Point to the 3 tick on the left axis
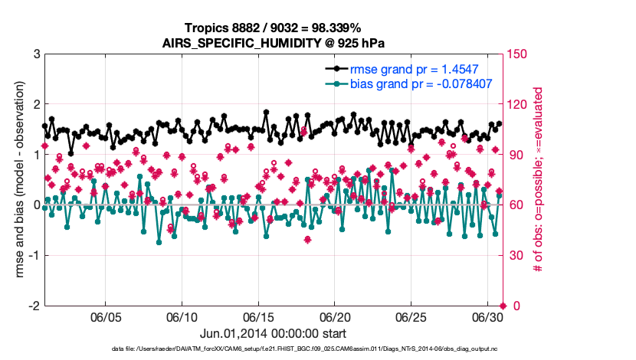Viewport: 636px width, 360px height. point(36,54)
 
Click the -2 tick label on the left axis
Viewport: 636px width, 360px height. point(33,306)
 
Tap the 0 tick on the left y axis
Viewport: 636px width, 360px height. point(36,205)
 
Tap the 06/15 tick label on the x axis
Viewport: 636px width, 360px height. point(258,318)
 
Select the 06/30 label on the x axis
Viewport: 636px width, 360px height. point(487,318)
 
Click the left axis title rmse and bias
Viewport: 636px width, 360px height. point(17,180)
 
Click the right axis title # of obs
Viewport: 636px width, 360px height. point(539,180)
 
